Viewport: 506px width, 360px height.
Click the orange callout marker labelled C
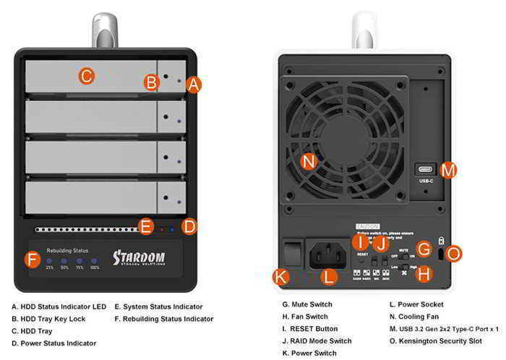coord(86,75)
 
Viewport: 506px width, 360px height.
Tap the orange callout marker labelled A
coord(192,85)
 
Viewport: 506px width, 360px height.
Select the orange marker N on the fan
coord(309,161)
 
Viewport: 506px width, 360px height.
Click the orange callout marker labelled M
coord(448,170)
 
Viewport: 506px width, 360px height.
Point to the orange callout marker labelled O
coord(454,253)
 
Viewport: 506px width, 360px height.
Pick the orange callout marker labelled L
coord(329,275)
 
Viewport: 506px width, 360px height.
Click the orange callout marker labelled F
coord(32,259)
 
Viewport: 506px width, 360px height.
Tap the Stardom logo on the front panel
coord(139,258)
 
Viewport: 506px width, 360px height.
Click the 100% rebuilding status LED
coord(95,261)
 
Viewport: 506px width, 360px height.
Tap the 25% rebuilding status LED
coord(50,261)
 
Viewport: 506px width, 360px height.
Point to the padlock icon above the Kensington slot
coord(441,240)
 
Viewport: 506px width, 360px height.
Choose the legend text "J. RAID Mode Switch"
coord(317,340)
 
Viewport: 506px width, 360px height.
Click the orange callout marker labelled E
coord(146,227)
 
